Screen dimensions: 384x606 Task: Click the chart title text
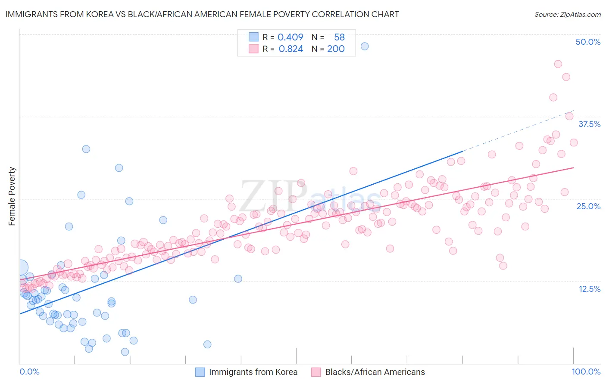click(x=202, y=14)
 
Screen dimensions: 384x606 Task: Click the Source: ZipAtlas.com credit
click(x=567, y=14)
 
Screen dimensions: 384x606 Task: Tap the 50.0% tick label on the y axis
click(x=588, y=42)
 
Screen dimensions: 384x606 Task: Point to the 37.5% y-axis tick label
click(x=589, y=124)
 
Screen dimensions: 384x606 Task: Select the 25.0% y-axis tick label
click(x=588, y=206)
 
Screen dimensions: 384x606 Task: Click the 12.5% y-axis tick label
click(x=589, y=289)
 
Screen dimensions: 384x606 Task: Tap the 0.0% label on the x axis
click(x=29, y=372)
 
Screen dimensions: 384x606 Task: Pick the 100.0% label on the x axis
click(x=586, y=372)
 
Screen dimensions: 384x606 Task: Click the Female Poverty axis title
click(x=12, y=196)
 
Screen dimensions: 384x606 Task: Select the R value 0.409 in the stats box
click(x=290, y=37)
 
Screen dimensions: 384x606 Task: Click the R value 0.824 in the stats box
click(x=291, y=49)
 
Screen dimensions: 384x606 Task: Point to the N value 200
click(x=336, y=49)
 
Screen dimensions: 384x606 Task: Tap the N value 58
click(x=339, y=37)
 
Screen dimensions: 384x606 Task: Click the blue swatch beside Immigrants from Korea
click(x=200, y=372)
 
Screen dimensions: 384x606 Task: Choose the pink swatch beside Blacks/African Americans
click(x=316, y=372)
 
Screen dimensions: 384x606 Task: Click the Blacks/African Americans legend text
click(x=375, y=372)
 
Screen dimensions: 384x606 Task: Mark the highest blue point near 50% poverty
click(x=365, y=46)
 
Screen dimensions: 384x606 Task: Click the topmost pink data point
click(x=558, y=64)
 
